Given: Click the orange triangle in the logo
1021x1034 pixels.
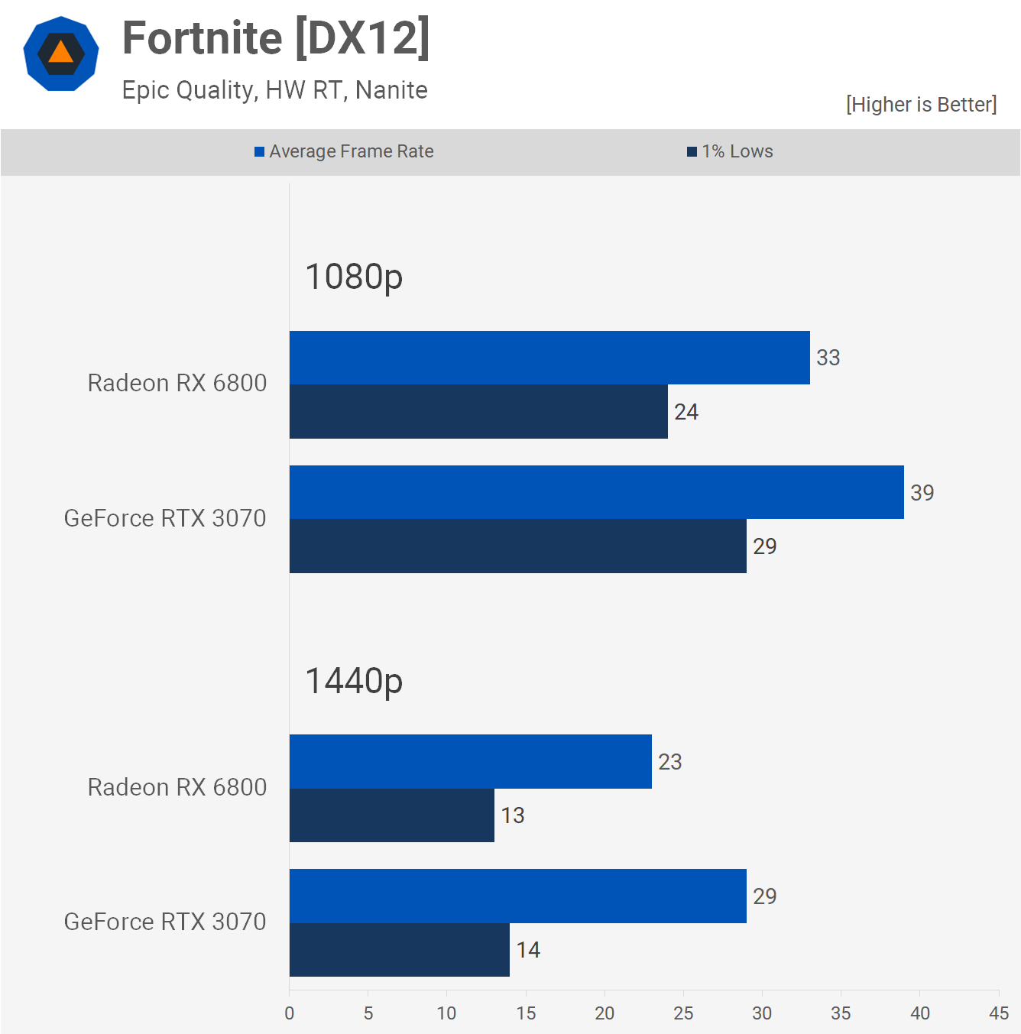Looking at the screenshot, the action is tap(60, 53).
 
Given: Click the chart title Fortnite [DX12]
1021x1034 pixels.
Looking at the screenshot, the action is tap(276, 38).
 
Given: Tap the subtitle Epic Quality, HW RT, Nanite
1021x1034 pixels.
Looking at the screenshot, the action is tap(275, 90).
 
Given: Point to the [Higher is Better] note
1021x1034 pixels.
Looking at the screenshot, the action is tap(921, 104).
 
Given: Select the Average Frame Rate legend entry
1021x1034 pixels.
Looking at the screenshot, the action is tap(344, 151).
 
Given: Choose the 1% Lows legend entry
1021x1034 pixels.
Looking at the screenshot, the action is tap(730, 151).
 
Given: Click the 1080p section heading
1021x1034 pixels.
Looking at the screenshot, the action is tap(354, 277).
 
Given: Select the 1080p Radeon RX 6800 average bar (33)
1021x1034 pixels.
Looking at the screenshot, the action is tap(549, 358).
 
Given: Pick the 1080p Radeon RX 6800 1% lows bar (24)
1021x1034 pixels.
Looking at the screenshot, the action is tap(479, 412).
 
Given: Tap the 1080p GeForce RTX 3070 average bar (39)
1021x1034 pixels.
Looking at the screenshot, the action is tap(597, 492).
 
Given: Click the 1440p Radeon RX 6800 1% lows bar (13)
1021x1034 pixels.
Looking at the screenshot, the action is tap(392, 815).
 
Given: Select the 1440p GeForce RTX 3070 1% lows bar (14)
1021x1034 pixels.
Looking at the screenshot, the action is tap(400, 950).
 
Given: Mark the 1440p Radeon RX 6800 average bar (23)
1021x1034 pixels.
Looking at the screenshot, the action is tap(471, 761).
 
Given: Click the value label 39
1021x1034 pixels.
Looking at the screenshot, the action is tap(922, 493).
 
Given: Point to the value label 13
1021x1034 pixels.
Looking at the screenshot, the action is tap(513, 815).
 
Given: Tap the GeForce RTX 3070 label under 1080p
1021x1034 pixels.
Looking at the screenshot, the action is tap(165, 518).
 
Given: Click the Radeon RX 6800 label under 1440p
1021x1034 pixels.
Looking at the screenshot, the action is tap(177, 788).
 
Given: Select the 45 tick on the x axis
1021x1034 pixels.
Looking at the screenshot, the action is tap(999, 1013).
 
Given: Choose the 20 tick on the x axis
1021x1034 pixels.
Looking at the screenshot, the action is tap(604, 1013).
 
